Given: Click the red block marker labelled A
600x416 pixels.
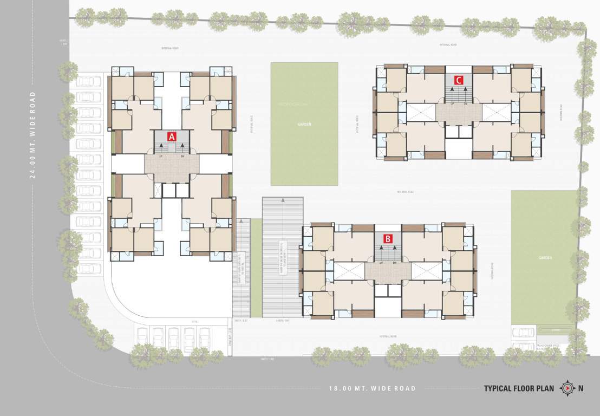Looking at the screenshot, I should click(172, 136).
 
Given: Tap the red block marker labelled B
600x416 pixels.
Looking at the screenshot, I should click(388, 238).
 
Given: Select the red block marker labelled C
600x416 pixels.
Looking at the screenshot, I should click(458, 80).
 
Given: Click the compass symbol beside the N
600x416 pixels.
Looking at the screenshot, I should click(567, 388).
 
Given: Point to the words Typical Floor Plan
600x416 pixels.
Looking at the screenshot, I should click(519, 388).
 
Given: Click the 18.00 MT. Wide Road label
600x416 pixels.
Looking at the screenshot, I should click(373, 388).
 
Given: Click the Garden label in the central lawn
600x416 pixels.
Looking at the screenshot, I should click(304, 124).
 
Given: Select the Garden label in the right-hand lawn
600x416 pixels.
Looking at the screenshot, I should click(545, 258).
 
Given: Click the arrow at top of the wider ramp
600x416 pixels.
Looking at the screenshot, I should click(283, 201).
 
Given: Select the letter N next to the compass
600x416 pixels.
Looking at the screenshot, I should click(581, 388).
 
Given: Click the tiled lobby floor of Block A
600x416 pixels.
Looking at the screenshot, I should click(172, 168).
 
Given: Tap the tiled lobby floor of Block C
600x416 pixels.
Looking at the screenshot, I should click(458, 113).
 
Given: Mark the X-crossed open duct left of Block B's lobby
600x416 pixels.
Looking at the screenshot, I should click(349, 271).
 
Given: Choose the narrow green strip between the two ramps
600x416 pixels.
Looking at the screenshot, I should click(256, 268).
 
